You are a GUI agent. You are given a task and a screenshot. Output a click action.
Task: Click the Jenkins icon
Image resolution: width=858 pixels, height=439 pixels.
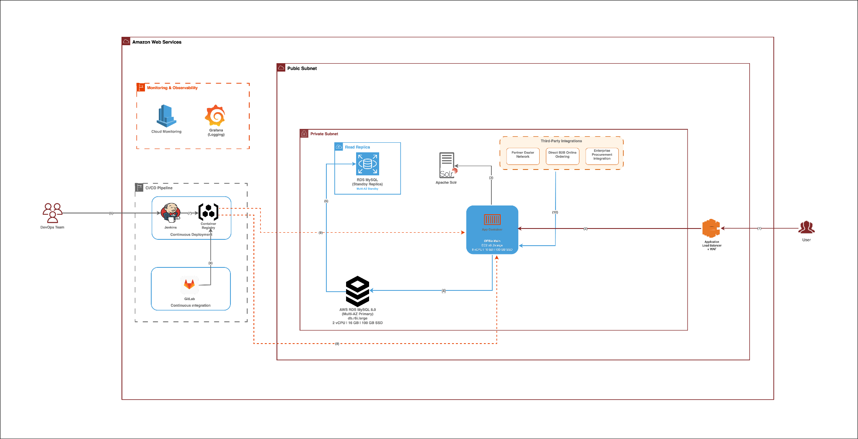[x=171, y=213]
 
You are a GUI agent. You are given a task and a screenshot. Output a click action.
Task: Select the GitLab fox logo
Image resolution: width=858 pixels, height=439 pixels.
[x=189, y=285]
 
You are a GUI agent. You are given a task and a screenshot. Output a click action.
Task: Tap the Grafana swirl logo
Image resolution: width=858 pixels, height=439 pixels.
[x=215, y=116]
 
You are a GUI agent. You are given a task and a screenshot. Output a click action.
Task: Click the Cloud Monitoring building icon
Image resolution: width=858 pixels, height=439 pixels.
[x=166, y=116]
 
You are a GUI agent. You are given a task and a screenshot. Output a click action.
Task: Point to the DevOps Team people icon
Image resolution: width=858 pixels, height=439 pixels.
[x=52, y=213]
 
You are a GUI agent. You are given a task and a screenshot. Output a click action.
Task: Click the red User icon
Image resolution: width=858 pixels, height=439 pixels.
[x=806, y=228]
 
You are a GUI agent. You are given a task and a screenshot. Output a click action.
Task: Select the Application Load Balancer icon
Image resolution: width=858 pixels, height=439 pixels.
[x=711, y=228]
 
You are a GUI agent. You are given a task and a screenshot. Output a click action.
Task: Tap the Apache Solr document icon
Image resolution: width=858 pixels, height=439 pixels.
[x=447, y=165]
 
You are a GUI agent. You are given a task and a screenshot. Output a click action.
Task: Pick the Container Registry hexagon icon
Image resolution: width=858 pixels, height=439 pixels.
[x=208, y=212]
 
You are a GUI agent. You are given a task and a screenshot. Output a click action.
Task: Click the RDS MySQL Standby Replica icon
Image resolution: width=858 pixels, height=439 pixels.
[x=367, y=164]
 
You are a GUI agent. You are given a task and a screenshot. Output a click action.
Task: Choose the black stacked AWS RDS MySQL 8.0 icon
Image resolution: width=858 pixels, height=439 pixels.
[x=357, y=291]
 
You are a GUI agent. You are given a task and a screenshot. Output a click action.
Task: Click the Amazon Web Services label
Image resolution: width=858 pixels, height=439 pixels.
[x=157, y=42]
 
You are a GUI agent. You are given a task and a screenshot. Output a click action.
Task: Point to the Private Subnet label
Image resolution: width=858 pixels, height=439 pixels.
[x=324, y=134]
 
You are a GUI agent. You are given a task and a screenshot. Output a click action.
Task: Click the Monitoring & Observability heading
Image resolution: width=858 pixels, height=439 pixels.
[x=172, y=88]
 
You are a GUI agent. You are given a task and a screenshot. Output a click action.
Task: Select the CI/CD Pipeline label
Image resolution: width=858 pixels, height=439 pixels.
[x=159, y=188]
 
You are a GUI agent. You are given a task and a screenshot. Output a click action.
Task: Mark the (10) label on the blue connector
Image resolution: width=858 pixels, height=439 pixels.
[x=555, y=212]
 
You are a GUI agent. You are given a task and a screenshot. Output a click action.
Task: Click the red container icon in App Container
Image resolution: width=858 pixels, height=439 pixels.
[x=492, y=219]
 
